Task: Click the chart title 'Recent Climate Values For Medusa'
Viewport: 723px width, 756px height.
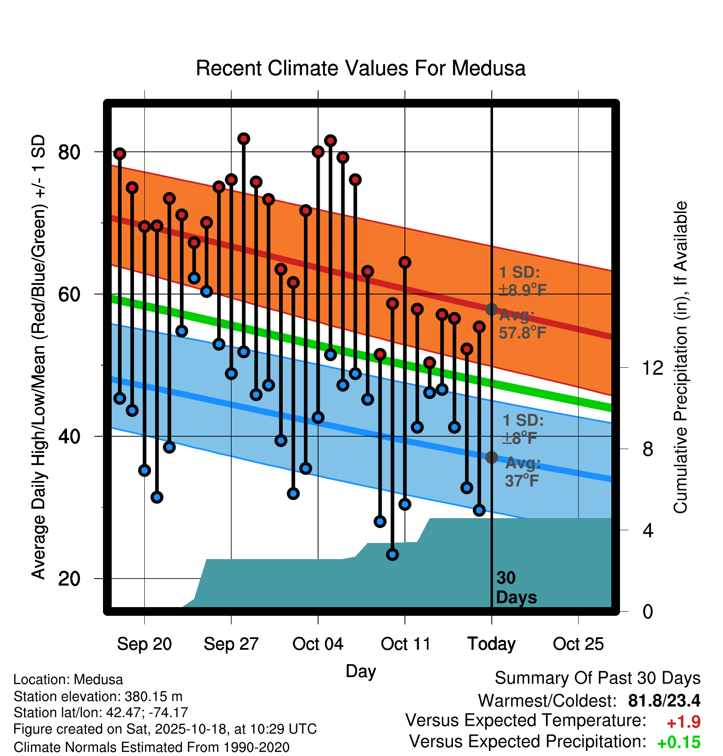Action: pos(361,68)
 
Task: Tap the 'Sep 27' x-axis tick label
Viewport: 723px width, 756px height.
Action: pos(231,644)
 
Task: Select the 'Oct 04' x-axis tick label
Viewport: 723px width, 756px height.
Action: pos(318,644)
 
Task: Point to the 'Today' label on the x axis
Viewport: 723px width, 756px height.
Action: pos(491,644)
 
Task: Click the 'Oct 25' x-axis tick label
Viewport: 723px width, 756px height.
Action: pos(578,644)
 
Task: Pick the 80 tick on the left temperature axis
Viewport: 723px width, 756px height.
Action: pos(69,152)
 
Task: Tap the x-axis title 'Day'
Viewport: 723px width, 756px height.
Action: pos(361,671)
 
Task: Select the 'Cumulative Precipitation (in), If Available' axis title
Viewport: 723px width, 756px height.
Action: pos(680,358)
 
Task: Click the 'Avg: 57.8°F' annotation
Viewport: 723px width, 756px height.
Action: pos(522,324)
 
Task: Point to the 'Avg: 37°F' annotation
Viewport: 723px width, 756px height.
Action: pos(522,472)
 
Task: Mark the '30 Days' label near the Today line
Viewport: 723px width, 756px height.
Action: pos(516,588)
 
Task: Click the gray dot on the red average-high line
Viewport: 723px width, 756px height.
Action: pos(491,309)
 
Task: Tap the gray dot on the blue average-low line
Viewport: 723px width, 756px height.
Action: pos(491,457)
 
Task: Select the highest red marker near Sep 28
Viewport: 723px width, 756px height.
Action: pos(244,139)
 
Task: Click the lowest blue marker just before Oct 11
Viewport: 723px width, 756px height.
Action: pos(392,554)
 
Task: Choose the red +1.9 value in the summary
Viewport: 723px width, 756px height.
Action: pos(683,722)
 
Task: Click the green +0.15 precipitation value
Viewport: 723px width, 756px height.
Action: pos(678,742)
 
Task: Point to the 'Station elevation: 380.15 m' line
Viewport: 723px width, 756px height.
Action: pos(98,696)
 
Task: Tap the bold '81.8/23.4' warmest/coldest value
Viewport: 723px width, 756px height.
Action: pos(664,701)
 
